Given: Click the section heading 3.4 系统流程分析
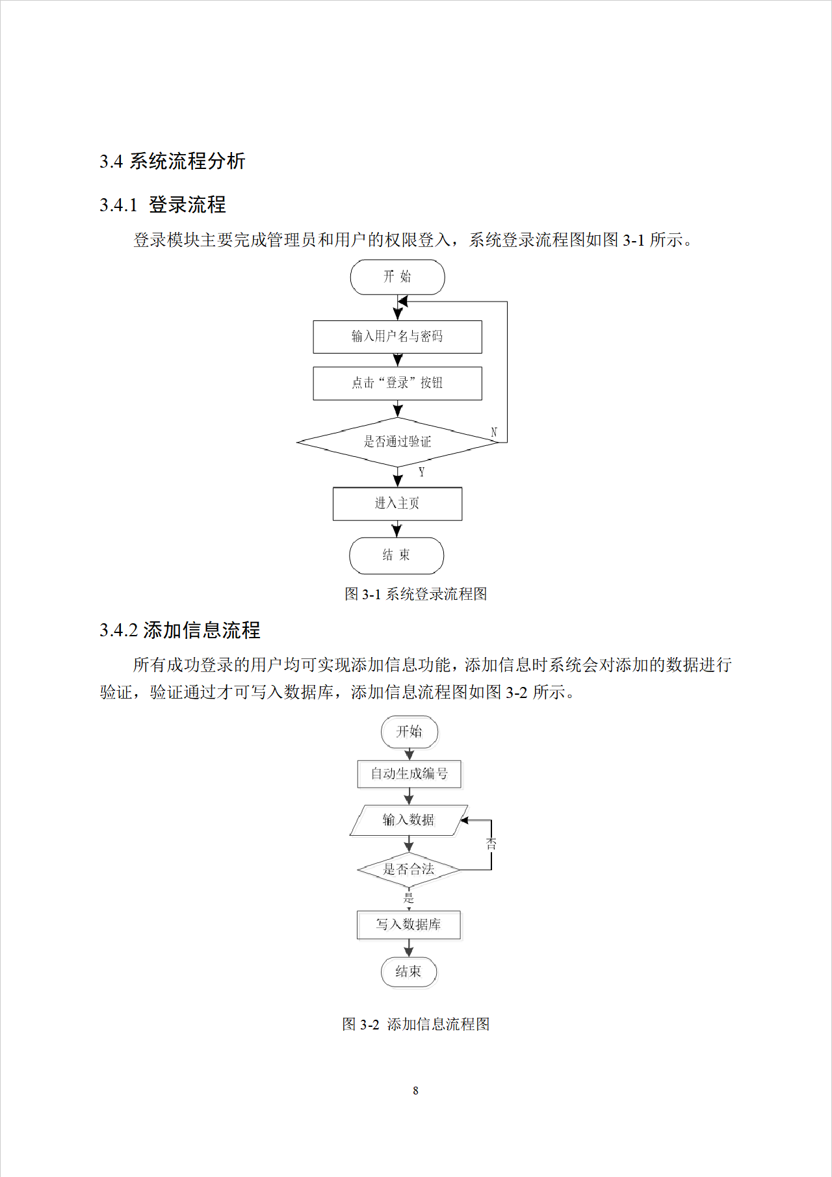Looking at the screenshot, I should pos(172,161).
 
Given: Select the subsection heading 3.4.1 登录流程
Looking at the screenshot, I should pos(162,205).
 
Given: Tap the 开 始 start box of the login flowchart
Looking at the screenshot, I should pos(397,277).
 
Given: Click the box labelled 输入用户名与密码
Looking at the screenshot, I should pos(397,337).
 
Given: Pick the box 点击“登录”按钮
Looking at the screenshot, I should pos(397,383).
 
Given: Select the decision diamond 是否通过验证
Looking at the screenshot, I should pos(397,442).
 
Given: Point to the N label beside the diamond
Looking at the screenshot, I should pos(494,432).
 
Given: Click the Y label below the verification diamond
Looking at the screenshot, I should pos(422,472).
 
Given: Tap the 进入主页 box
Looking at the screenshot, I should pos(397,504).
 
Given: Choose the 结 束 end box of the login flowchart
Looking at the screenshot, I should pos(396,556).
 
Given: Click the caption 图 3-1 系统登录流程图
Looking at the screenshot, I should pos(416,594).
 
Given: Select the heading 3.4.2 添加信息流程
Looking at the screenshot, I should pos(180,630).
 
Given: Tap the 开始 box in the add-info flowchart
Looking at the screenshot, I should pos(409,732).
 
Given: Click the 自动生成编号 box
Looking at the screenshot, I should pos(409,774).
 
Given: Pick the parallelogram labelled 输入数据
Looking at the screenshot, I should pos(408,820).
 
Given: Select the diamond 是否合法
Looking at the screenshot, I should pos(408,870).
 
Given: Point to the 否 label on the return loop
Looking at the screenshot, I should pos(491,844).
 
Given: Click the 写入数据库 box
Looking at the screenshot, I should pos(408,925).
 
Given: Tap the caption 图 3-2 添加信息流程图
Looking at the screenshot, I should pos(416,1024).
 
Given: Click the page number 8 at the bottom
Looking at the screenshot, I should pos(416,1091).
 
